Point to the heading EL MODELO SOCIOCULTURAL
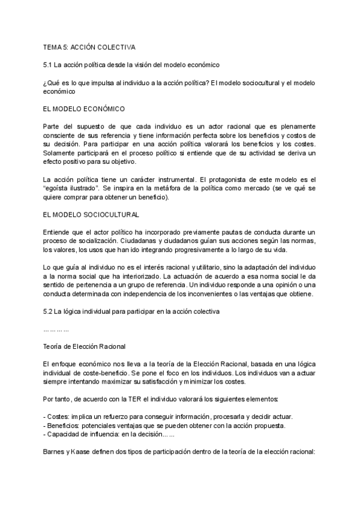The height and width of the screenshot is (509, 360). tap(91, 214)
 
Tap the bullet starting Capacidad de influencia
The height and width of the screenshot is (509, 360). tap(84, 435)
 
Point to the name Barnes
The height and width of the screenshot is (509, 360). tap(56, 453)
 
